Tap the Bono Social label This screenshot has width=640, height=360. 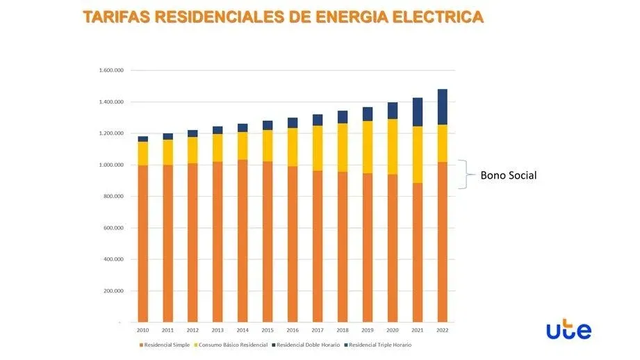tap(509, 175)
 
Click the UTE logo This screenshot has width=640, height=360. tap(568, 331)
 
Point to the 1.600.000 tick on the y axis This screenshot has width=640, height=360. tap(111, 70)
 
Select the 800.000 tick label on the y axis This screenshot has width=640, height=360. tap(113, 197)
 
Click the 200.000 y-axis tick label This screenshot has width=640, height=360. tap(113, 291)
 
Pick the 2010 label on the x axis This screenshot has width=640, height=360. tap(143, 330)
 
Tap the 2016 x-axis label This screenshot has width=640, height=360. tap(293, 330)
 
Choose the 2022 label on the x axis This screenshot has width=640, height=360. tap(443, 330)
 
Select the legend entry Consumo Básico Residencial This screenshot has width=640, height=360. tap(231, 345)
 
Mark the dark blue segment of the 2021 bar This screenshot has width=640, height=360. tap(418, 112)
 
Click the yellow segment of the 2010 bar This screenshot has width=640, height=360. tap(143, 153)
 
